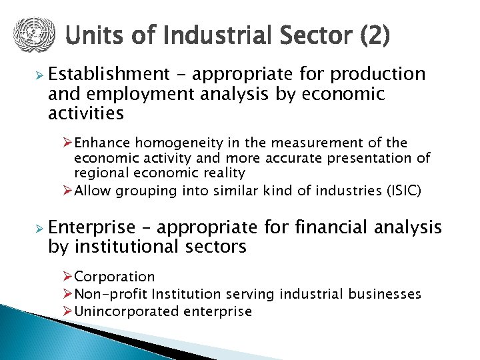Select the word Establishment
109,73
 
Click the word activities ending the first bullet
86,113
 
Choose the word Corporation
114,277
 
